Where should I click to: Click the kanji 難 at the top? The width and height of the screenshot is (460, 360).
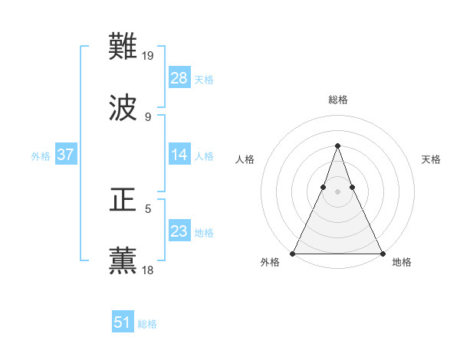pyautogui.click(x=123, y=47)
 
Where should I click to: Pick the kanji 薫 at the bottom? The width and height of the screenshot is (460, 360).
pyautogui.click(x=123, y=260)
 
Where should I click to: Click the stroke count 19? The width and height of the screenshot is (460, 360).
pyautogui.click(x=149, y=56)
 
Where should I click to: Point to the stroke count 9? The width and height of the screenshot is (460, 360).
pyautogui.click(x=148, y=116)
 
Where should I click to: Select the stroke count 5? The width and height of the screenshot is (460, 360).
pyautogui.click(x=148, y=208)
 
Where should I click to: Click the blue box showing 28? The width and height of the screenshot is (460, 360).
pyautogui.click(x=179, y=78)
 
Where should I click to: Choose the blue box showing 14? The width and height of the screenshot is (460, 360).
pyautogui.click(x=179, y=155)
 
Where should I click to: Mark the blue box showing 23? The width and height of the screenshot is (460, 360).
pyautogui.click(x=179, y=231)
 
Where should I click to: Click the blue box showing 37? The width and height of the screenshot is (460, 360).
pyautogui.click(x=66, y=155)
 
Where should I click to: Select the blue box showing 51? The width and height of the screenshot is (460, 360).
pyautogui.click(x=123, y=322)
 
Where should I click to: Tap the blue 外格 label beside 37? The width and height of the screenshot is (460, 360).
pyautogui.click(x=41, y=156)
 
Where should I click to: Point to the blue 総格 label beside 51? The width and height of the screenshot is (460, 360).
pyautogui.click(x=147, y=324)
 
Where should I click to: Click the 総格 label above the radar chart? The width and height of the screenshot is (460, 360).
pyautogui.click(x=338, y=100)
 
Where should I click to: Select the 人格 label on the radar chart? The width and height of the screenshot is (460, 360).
pyautogui.click(x=245, y=159)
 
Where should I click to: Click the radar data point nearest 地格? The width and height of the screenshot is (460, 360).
pyautogui.click(x=382, y=254)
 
